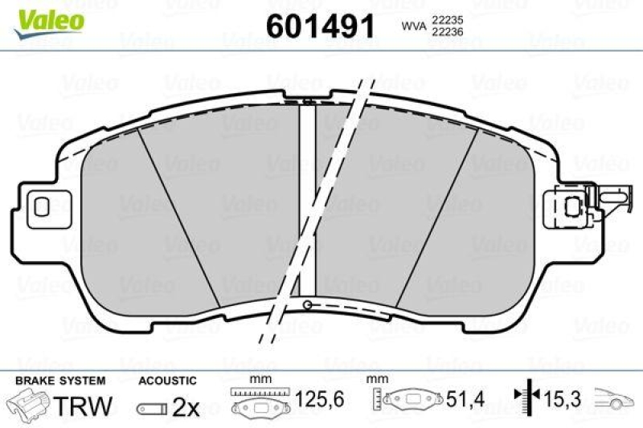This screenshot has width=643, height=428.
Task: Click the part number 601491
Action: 320,26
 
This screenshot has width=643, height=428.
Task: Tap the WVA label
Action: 413,26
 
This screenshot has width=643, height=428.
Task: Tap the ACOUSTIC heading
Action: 166,381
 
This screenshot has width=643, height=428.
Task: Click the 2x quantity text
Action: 186,407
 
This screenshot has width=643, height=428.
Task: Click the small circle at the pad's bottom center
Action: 309,304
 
